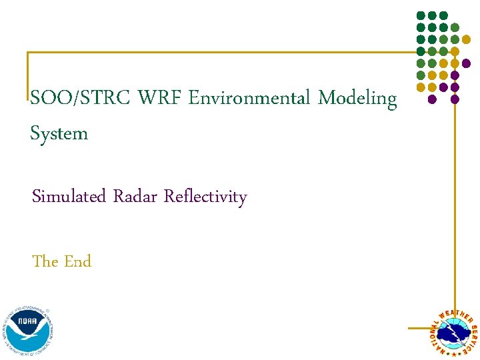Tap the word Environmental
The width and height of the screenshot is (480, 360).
250,99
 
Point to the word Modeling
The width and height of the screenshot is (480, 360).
357,99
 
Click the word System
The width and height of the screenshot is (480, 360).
59,134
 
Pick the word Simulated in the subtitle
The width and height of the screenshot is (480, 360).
69,197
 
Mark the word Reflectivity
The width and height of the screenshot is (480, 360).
205,197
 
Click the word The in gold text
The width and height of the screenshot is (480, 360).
45,261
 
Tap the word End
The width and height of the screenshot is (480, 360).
78,261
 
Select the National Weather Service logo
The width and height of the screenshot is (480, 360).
453,331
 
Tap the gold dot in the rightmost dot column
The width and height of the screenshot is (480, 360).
466,39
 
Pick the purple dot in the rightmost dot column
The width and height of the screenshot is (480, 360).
466,63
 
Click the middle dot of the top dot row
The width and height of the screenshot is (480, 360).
432,15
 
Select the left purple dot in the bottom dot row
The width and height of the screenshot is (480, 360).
432,99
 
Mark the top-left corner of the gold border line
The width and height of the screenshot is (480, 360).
28,53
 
